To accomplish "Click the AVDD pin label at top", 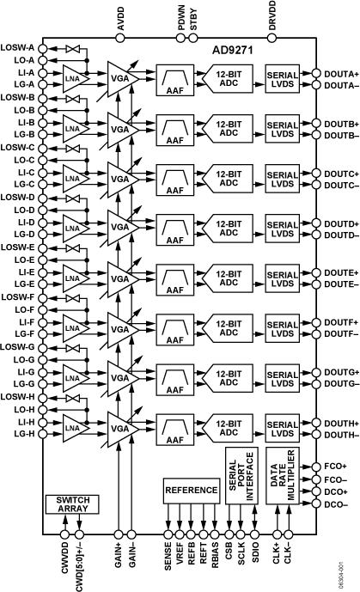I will (x=119, y=16).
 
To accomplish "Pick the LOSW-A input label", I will (x=18, y=48).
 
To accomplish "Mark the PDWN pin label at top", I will (x=181, y=17).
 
